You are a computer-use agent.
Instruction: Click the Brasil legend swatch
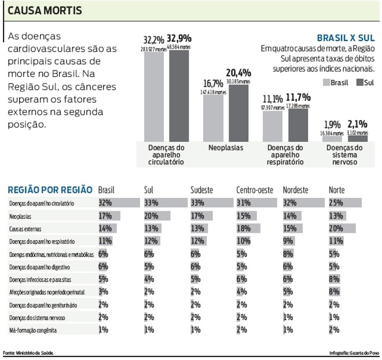(326, 83)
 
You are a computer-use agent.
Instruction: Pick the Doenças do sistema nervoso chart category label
(344, 155)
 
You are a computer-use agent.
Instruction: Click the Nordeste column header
(296, 189)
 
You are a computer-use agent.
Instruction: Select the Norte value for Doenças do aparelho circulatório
(335, 203)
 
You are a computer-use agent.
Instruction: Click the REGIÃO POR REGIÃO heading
(49, 189)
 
